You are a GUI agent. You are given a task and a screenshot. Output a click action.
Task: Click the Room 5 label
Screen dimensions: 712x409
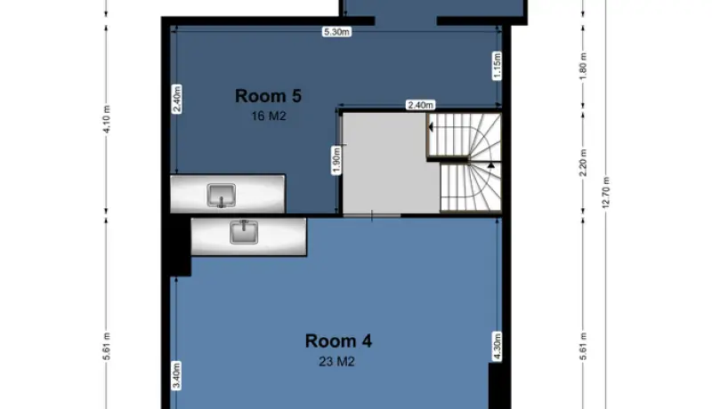pos(268,96)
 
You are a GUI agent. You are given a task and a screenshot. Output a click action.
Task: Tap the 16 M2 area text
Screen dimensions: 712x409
pos(269,116)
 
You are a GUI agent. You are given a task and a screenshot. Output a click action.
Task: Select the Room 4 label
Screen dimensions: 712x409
pos(338,341)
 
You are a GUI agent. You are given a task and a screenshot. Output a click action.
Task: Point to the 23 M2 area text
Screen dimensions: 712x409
pos(336,362)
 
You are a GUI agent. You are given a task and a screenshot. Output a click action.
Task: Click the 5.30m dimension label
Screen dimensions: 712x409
pos(337,32)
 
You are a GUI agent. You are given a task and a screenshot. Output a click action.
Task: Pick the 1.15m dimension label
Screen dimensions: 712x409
pos(498,66)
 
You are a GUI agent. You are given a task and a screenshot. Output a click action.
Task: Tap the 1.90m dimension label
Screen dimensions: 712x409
pos(336,160)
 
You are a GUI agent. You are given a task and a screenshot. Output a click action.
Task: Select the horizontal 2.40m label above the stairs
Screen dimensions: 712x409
pos(421,105)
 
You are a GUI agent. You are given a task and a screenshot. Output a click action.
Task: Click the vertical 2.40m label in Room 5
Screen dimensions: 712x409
pos(177,99)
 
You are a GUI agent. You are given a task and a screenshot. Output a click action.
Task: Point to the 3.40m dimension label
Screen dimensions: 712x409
pos(176,375)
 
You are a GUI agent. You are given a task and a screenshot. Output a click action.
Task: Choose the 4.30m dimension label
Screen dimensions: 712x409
pos(498,347)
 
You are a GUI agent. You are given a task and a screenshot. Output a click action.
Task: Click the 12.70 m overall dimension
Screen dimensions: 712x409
pos(606,193)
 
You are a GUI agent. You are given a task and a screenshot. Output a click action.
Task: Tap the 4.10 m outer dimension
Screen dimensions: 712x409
pos(107,119)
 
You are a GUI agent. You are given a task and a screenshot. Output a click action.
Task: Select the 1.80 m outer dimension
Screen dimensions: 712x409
pos(584,66)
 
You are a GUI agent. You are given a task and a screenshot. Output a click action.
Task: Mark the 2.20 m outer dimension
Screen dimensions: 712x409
pos(584,163)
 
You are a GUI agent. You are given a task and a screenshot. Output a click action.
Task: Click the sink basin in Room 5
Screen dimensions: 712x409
pos(222,195)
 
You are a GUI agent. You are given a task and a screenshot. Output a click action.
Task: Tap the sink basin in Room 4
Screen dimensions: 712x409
pos(244,232)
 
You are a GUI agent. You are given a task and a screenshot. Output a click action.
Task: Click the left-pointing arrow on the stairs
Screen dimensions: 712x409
pos(431,127)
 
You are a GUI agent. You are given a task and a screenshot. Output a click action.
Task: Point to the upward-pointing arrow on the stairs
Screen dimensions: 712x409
pos(491,165)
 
